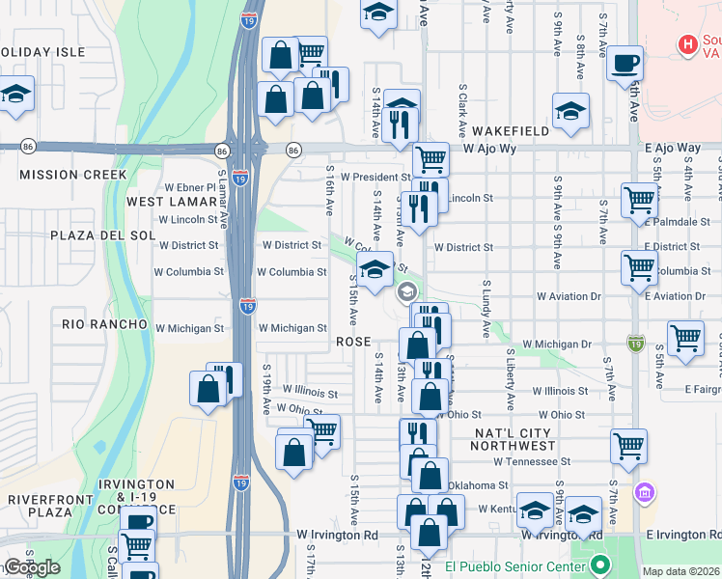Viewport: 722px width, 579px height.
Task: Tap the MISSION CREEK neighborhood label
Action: pyautogui.click(x=72, y=175)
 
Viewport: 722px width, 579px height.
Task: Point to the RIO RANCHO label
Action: pyautogui.click(x=104, y=324)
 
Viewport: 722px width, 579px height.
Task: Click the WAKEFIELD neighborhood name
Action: pyautogui.click(x=511, y=130)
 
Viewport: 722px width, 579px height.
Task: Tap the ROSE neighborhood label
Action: pyautogui.click(x=353, y=342)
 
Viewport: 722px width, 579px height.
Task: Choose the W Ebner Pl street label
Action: pyautogui.click(x=189, y=187)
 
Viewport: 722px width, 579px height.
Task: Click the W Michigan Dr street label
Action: pyautogui.click(x=557, y=345)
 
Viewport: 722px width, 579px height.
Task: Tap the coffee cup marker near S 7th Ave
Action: pyautogui.click(x=625, y=62)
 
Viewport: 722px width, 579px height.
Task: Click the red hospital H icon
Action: pyautogui.click(x=687, y=43)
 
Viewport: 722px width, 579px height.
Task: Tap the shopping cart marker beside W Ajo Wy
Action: pyautogui.click(x=430, y=157)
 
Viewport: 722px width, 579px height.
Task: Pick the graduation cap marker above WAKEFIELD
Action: pyautogui.click(x=570, y=109)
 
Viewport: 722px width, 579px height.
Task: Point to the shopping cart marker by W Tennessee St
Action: pyautogui.click(x=629, y=446)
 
